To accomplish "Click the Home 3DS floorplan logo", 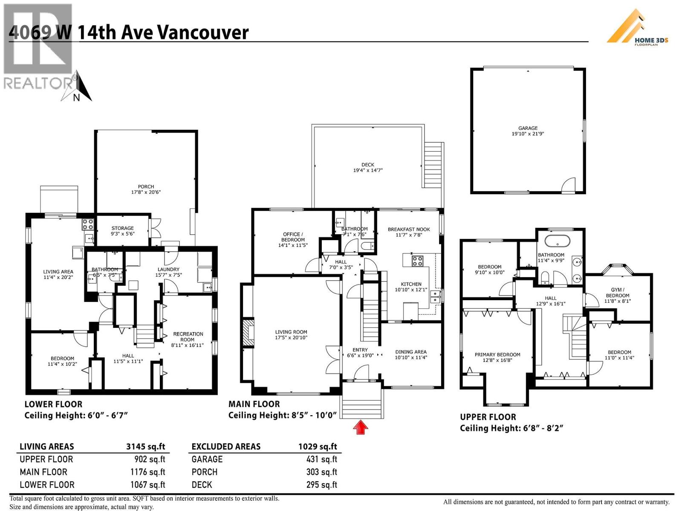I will pos(637,28).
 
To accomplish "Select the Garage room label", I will pos(528,131).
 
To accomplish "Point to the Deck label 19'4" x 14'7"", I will pos(367,167).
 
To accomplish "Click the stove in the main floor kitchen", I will pos(417,261).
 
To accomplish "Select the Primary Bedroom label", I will pos(497,357).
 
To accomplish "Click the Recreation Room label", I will pos(188,339).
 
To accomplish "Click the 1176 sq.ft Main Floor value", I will pos(147,472).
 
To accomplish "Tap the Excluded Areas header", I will pos(226,447).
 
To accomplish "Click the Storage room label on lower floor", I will pos(122,231).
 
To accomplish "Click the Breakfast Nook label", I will pos(409,232).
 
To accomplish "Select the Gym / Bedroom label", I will pos(617,295).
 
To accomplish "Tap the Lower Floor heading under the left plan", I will pos(53,404).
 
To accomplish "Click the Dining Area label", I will pos(410,355).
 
